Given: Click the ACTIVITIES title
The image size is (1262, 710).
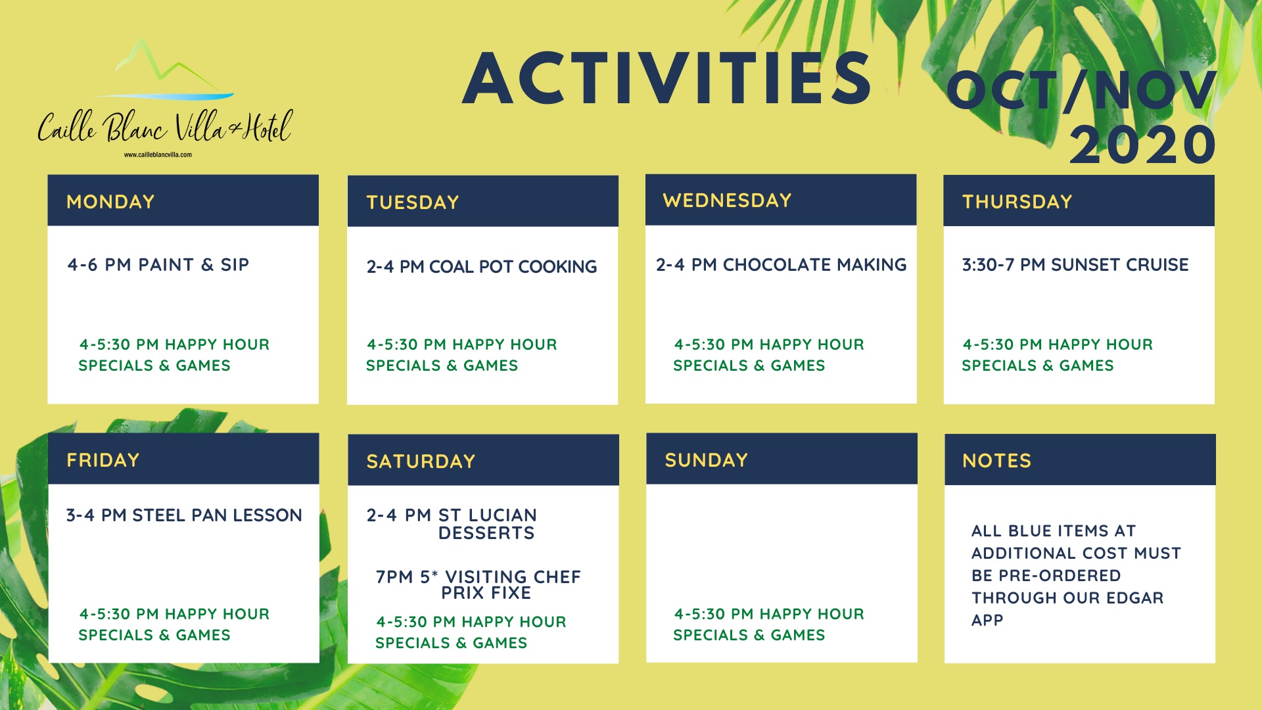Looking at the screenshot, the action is pyautogui.click(x=667, y=78).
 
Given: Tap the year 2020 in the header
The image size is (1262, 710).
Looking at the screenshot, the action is pyautogui.click(x=1143, y=145).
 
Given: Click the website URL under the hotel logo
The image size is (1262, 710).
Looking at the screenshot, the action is pyautogui.click(x=158, y=155).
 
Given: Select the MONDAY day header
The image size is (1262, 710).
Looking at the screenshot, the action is pyautogui.click(x=110, y=202).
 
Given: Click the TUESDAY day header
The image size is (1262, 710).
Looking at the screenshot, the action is pyautogui.click(x=413, y=202).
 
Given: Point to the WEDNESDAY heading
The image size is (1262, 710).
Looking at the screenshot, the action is pyautogui.click(x=727, y=201).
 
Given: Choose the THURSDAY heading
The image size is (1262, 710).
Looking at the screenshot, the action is pyautogui.click(x=1017, y=202).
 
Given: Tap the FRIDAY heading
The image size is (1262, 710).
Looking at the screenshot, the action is pyautogui.click(x=103, y=460).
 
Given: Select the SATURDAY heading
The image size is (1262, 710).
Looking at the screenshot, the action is pyautogui.click(x=421, y=461).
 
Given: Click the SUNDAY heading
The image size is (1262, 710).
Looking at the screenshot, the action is pyautogui.click(x=707, y=460).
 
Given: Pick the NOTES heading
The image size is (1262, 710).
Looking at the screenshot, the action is pyautogui.click(x=997, y=461).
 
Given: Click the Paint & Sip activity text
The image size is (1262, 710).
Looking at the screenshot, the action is pyautogui.click(x=158, y=265).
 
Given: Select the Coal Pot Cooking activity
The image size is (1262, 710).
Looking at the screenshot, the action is pyautogui.click(x=482, y=267).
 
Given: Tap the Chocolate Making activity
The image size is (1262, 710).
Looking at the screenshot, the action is pyautogui.click(x=782, y=265).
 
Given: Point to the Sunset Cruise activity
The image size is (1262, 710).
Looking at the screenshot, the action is pyautogui.click(x=1075, y=265).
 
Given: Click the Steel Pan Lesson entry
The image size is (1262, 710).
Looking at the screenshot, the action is pyautogui.click(x=184, y=515).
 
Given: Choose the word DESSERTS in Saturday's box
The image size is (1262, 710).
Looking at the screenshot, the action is pyautogui.click(x=486, y=533).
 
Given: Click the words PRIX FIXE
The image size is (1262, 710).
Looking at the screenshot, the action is pyautogui.click(x=486, y=593).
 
